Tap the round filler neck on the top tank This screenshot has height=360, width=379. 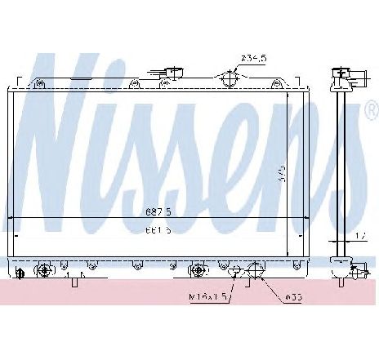click(231, 79)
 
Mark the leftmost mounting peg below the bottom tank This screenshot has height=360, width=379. click(74, 282)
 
